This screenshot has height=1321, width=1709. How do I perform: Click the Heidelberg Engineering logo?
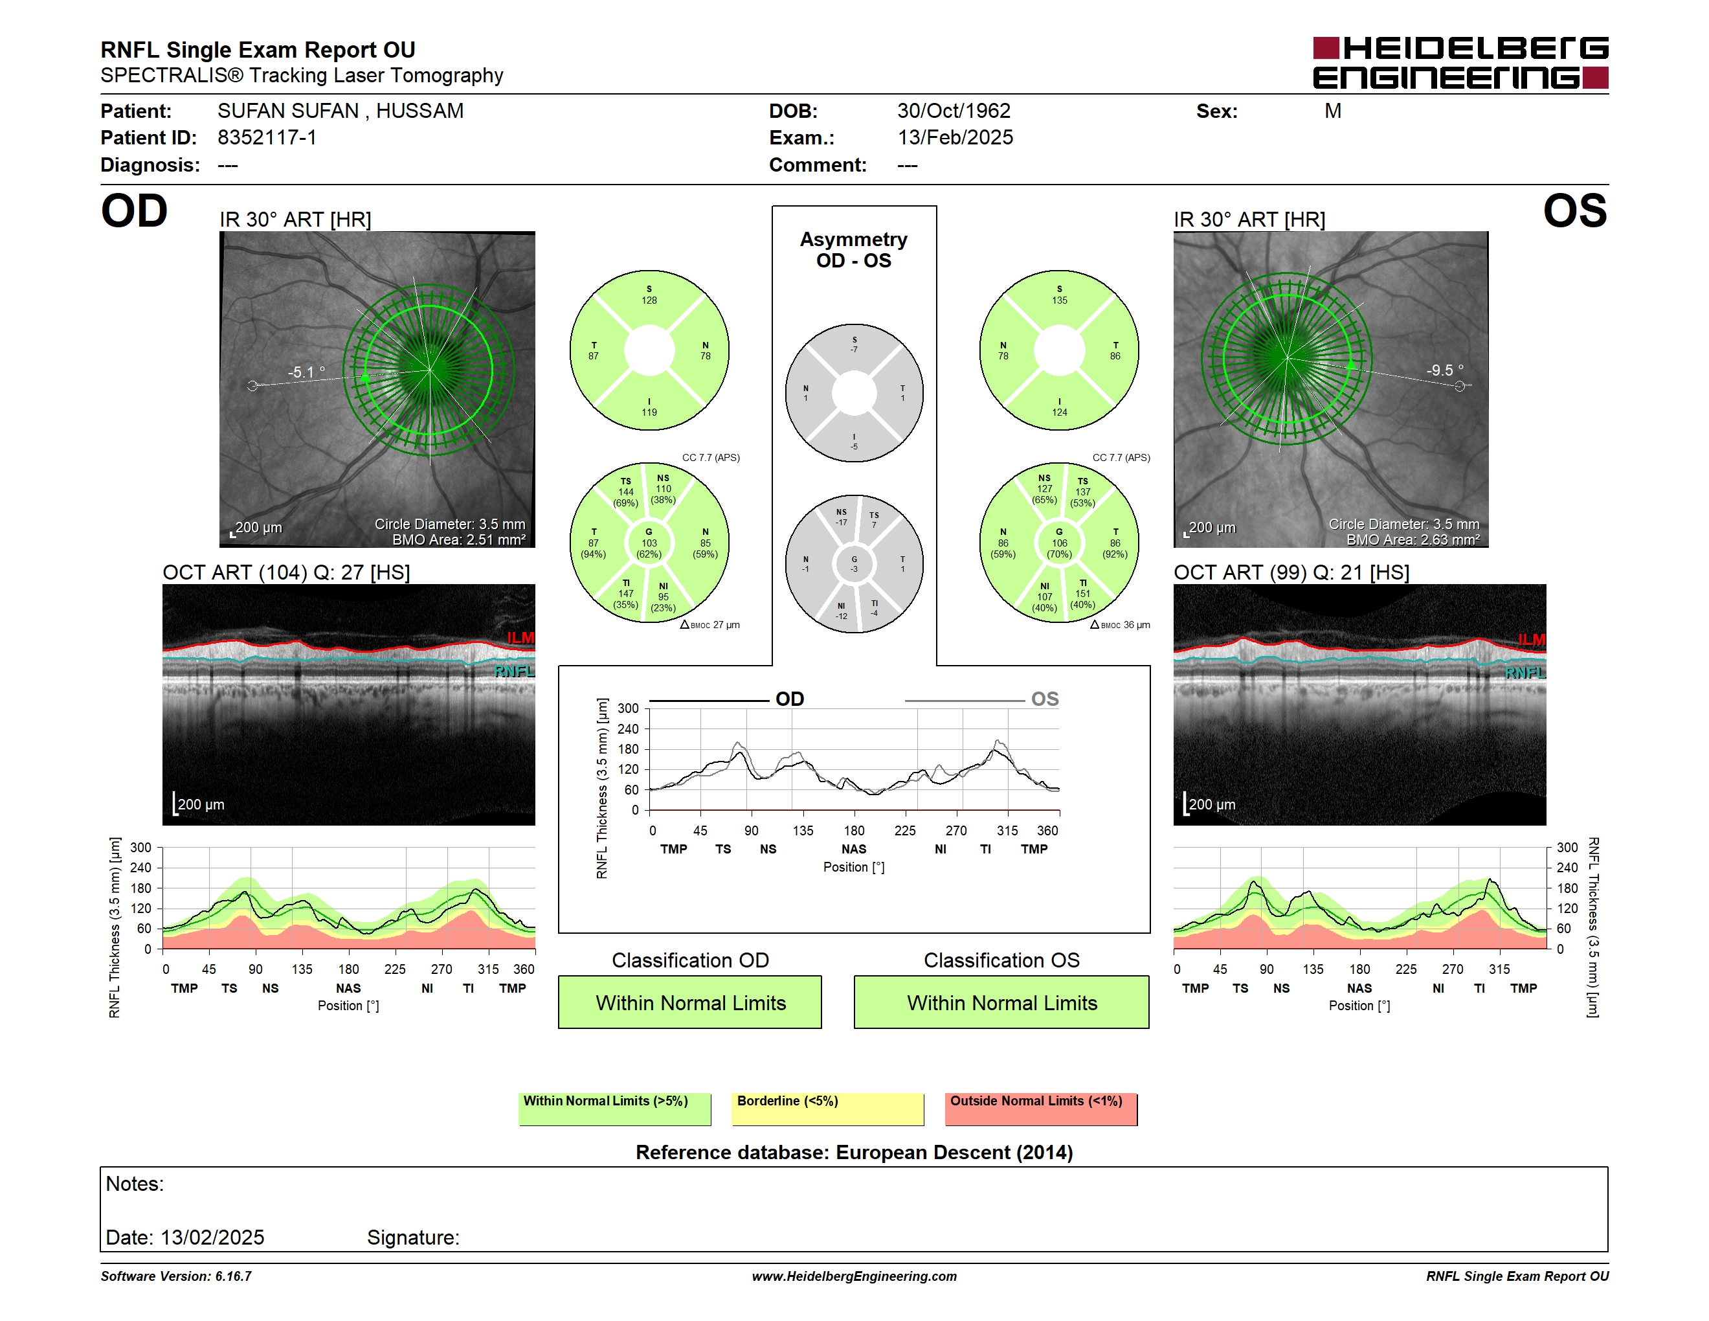tap(1460, 63)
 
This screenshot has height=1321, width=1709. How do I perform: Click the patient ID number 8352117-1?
tap(267, 138)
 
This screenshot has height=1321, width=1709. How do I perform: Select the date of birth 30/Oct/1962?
tap(954, 111)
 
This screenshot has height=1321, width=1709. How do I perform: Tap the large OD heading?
tap(135, 211)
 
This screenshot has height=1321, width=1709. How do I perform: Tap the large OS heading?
tap(1574, 211)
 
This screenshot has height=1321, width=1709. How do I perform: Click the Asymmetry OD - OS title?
tap(854, 250)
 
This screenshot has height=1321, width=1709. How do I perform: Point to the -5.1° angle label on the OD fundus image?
tap(306, 372)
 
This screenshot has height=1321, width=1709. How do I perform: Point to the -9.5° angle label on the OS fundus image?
tap(1444, 370)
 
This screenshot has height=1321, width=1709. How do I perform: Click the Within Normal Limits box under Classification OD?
tap(690, 1002)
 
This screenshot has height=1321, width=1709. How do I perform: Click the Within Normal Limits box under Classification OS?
tap(1001, 1002)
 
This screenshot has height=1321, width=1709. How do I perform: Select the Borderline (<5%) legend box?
tap(828, 1109)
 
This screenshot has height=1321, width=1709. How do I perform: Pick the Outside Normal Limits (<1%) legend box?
tap(1041, 1109)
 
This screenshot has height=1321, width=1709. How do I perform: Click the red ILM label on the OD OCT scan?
tap(520, 638)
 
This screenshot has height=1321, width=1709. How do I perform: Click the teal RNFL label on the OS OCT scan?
tap(1525, 673)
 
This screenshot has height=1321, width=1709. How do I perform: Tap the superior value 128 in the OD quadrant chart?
tap(649, 300)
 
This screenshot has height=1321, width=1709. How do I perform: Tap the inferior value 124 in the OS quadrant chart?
tap(1060, 412)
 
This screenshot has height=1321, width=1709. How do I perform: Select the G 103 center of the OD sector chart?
tap(649, 543)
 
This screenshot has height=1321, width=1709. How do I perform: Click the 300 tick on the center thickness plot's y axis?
tap(629, 709)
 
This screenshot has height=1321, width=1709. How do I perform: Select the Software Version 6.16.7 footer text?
tap(176, 1276)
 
